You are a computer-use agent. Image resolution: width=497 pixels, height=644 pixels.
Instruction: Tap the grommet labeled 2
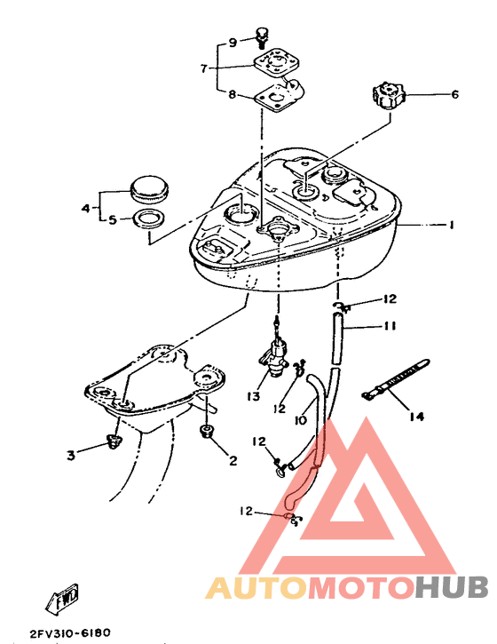click(x=206, y=431)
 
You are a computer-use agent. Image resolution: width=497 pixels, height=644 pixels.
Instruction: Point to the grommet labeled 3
click(x=114, y=441)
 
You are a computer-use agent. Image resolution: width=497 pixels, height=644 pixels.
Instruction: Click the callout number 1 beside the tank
click(x=451, y=225)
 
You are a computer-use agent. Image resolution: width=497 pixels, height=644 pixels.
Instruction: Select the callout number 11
click(x=389, y=326)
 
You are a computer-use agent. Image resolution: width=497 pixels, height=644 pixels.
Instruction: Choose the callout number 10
click(x=301, y=420)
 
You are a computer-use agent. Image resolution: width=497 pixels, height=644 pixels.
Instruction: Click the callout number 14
click(x=416, y=417)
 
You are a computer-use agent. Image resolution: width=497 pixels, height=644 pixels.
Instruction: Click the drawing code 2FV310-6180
click(x=70, y=632)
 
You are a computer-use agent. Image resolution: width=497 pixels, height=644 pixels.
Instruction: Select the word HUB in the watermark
click(x=451, y=587)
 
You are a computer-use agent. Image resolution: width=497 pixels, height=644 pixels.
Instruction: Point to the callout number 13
click(x=253, y=396)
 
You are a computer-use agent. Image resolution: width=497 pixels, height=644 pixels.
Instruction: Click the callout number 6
click(x=454, y=94)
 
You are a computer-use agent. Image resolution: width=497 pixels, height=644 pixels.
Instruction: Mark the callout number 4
click(x=85, y=208)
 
